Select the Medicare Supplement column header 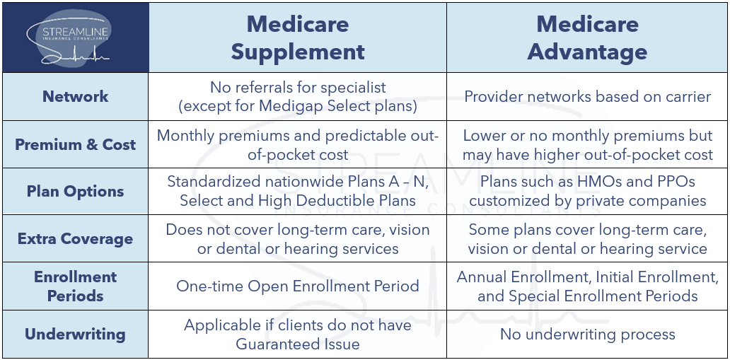click(297, 37)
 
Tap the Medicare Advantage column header click(587, 37)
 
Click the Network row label click(75, 96)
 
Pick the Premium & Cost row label click(75, 144)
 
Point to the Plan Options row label click(75, 192)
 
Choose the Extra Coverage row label click(75, 239)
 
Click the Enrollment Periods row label click(75, 286)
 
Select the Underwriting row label click(75, 334)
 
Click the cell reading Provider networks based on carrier click(587, 96)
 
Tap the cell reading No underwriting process click(587, 334)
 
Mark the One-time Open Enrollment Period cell click(297, 286)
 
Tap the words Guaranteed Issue click(297, 344)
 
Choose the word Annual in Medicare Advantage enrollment click(483, 277)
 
